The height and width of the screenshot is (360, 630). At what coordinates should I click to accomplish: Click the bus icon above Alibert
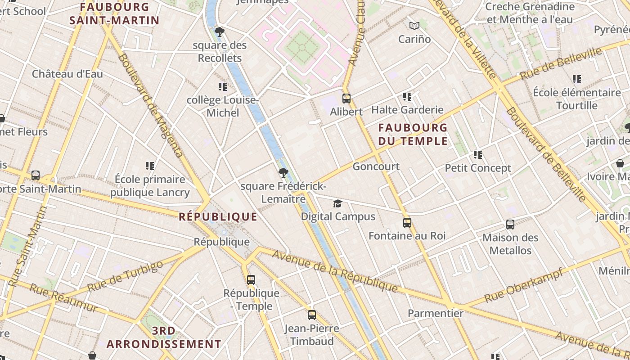tap(346, 98)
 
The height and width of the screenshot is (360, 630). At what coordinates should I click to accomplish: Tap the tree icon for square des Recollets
tap(220, 31)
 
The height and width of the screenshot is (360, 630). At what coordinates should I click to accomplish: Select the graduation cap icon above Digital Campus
tap(337, 203)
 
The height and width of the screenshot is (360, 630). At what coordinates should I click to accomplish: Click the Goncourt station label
tap(376, 166)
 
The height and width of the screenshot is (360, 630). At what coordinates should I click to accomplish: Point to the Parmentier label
tap(435, 313)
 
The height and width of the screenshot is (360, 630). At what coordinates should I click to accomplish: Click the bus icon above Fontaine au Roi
tap(407, 222)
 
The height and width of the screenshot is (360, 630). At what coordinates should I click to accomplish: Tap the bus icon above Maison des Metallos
tap(510, 224)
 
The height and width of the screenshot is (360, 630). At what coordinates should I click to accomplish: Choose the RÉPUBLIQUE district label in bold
tap(218, 217)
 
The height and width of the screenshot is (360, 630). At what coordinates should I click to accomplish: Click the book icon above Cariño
tap(414, 26)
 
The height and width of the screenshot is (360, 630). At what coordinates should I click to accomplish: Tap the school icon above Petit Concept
tap(477, 155)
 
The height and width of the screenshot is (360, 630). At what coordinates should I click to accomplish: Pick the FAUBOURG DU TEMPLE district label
tap(413, 134)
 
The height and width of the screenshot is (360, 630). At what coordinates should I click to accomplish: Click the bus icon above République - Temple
tap(251, 279)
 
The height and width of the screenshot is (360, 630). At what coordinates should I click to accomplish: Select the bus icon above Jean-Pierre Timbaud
tap(311, 315)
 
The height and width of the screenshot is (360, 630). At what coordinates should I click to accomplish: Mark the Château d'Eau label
tap(67, 74)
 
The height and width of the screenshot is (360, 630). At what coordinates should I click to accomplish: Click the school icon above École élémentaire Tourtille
tap(576, 79)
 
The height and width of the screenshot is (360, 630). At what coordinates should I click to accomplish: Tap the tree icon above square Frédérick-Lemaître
tap(283, 172)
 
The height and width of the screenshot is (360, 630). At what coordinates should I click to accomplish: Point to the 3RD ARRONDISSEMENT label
tap(164, 337)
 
